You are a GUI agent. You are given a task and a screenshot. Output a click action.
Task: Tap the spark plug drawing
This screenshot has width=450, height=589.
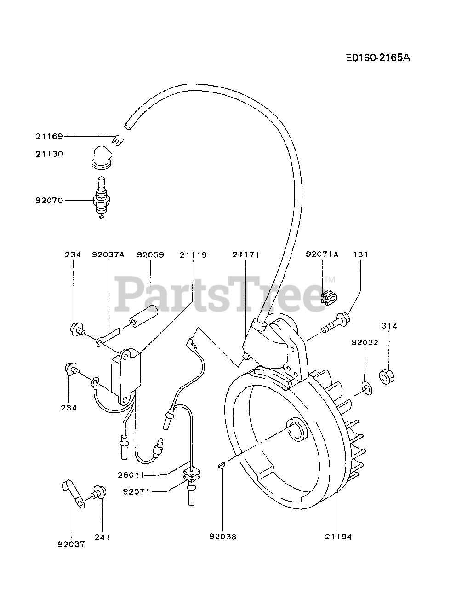103,201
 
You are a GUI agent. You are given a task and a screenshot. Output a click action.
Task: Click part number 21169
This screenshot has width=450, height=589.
49,136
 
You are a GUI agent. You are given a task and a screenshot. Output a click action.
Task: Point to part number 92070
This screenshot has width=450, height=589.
49,201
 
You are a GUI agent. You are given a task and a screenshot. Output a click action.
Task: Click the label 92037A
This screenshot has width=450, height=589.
108,254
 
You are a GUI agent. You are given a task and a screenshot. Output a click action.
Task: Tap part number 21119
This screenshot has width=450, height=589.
193,254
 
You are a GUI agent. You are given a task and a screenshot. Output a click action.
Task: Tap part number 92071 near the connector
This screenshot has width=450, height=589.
137,491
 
